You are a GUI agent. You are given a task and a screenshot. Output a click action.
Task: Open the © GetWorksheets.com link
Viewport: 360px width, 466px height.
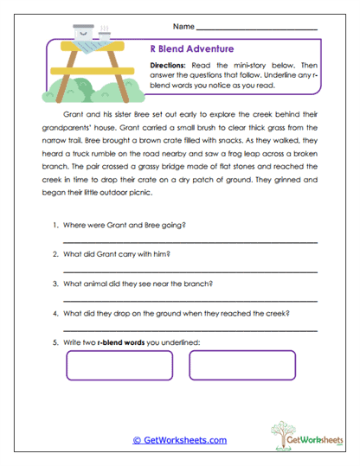(179, 440)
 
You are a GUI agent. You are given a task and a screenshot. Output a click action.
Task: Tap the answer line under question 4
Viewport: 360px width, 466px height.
(190, 329)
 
